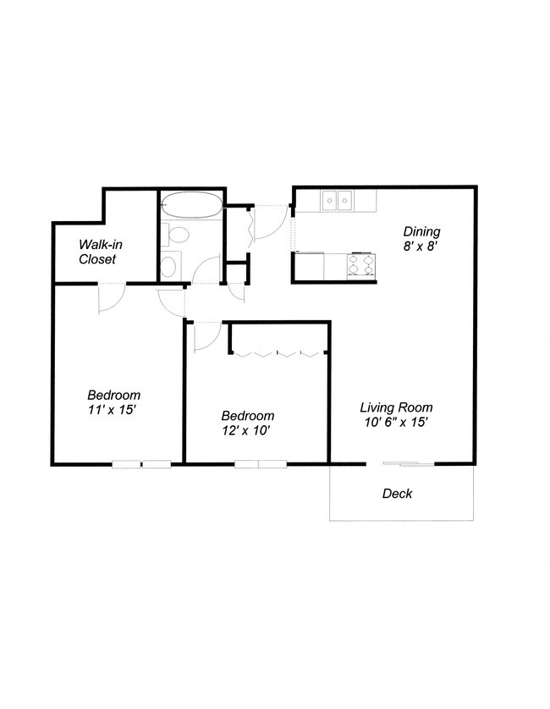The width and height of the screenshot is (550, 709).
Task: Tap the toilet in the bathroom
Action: [x=178, y=235]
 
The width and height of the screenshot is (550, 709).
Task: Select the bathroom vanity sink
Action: [x=169, y=267]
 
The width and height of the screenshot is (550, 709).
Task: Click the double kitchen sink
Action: [x=337, y=201]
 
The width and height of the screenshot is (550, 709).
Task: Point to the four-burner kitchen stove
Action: [x=361, y=266]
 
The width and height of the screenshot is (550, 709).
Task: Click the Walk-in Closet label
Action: [x=97, y=252]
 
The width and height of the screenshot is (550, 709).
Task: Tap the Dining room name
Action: [x=421, y=231]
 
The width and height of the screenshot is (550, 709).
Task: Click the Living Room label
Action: [x=390, y=407]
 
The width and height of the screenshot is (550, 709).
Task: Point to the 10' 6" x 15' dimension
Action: [x=390, y=422]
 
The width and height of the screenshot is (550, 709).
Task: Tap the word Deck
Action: [x=397, y=493]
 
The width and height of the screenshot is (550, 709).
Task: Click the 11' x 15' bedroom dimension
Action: [x=113, y=410]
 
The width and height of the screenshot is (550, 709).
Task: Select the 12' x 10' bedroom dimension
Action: [x=247, y=430]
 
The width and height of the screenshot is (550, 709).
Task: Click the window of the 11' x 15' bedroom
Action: [x=141, y=463]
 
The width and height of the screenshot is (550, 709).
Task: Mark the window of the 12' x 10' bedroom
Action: [x=260, y=463]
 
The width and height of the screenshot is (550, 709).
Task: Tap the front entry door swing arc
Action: [x=272, y=224]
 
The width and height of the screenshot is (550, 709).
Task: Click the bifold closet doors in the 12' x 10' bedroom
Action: [x=277, y=352]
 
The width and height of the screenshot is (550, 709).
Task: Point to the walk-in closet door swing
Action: [x=111, y=299]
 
